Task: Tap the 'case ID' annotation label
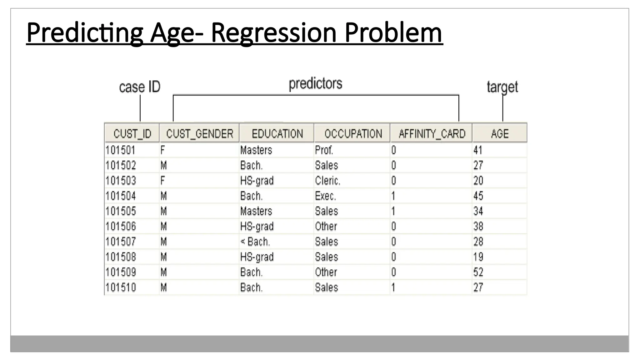point(140,87)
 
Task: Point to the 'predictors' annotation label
point(315,84)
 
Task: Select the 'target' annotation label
point(502,87)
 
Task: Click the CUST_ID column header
point(132,134)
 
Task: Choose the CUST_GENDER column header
point(200,134)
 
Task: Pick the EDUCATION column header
point(277,134)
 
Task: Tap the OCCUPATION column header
point(353,134)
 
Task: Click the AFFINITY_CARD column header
point(432,134)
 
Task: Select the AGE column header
point(500,134)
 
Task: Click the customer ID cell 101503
point(121,181)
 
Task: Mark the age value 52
point(478,272)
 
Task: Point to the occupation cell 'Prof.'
point(324,150)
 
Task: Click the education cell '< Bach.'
point(255,242)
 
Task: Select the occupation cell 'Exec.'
point(325,196)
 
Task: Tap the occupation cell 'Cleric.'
point(327,181)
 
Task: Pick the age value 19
point(478,257)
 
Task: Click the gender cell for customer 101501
point(162,150)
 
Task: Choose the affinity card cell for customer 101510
point(393,287)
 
